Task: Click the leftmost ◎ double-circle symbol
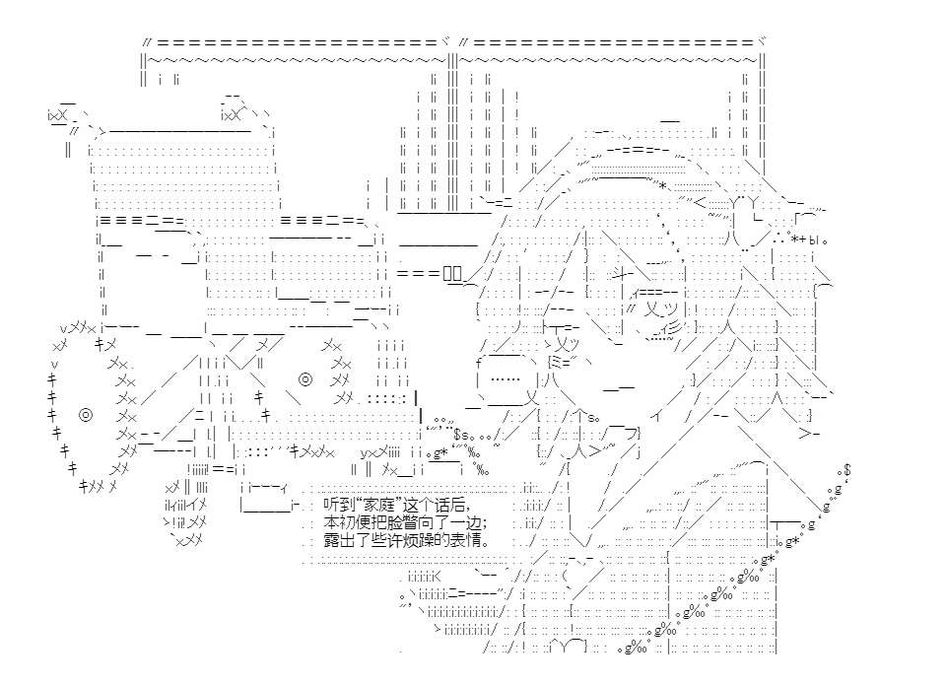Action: [x=86, y=415]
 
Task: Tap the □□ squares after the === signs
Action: [x=452, y=274]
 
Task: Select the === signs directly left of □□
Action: [x=419, y=274]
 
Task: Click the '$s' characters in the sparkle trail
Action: [x=462, y=435]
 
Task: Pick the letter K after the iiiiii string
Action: [x=438, y=577]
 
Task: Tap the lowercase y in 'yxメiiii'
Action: [x=365, y=452]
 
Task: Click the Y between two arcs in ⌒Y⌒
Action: [x=563, y=648]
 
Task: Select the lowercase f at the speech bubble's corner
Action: [x=479, y=363]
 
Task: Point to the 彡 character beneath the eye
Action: [x=675, y=327]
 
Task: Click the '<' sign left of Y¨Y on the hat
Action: [x=700, y=202]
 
